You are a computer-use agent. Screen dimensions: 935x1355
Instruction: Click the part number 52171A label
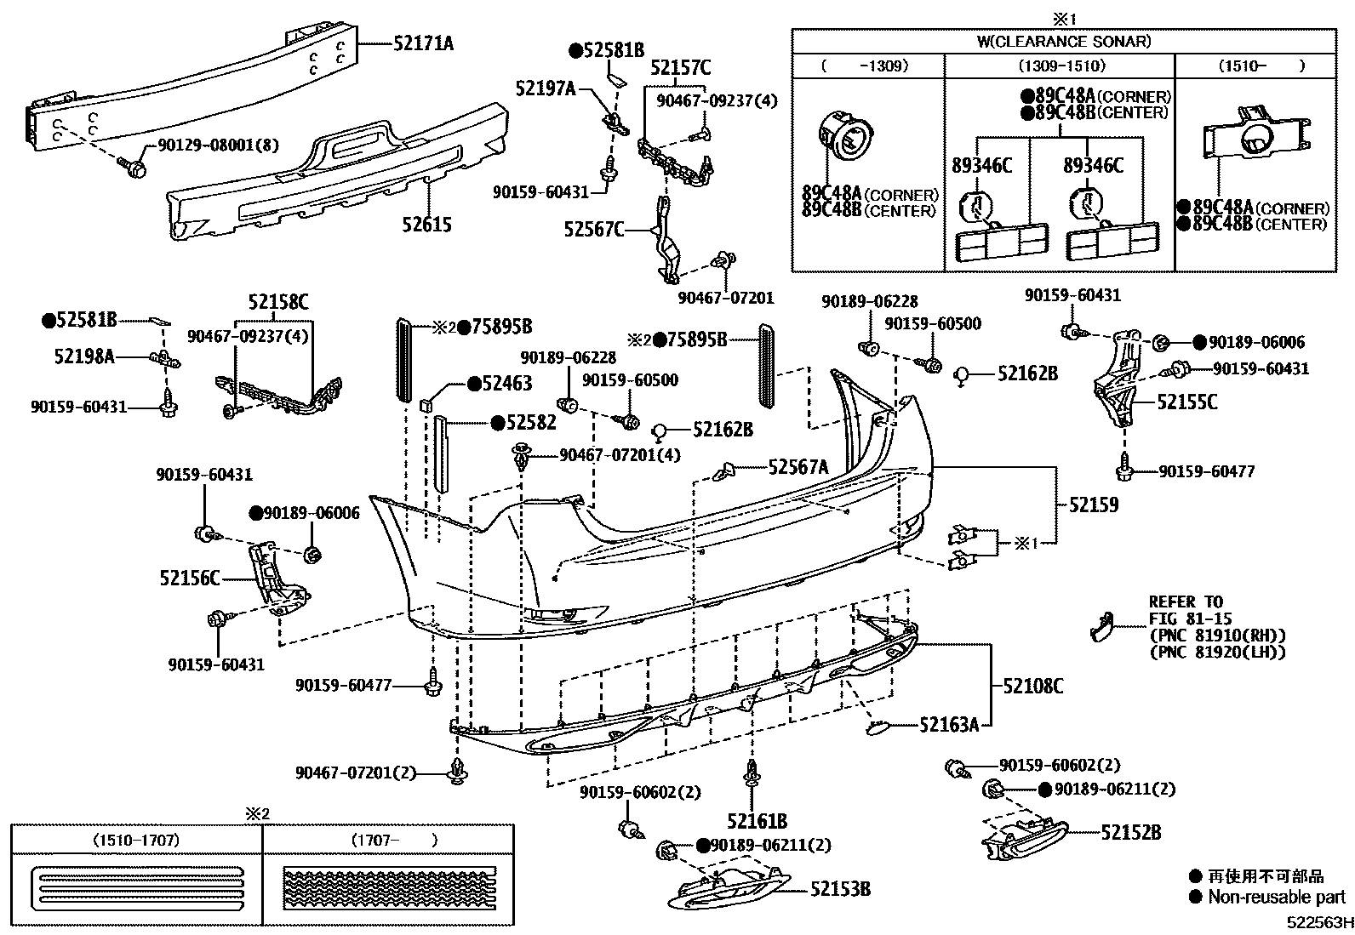coord(423,43)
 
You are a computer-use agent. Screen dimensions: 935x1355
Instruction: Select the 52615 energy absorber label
coord(427,225)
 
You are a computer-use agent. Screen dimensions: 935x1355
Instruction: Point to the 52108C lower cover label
coord(1032,685)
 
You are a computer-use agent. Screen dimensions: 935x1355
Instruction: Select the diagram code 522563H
coord(1318,923)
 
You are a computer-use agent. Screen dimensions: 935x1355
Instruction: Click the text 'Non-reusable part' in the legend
coord(1276,897)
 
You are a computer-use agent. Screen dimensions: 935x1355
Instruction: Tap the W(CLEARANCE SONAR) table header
coord(1063,41)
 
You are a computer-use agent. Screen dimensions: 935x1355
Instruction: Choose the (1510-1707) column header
coord(136,840)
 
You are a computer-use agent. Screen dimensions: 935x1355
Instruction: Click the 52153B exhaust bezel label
coord(840,889)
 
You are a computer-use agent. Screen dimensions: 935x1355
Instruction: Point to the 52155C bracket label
coord(1186,402)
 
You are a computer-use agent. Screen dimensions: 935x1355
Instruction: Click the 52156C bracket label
coord(189,579)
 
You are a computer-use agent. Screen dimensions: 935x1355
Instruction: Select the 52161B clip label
coord(757,821)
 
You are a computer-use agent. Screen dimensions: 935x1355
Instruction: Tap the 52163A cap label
coord(948,725)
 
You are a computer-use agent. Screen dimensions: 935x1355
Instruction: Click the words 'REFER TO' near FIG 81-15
coord(1186,601)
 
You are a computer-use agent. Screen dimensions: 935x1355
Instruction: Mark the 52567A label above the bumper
coord(798,466)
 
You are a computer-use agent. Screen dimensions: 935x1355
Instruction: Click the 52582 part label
coord(530,422)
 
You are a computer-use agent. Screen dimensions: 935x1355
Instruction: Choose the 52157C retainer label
coord(680,67)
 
